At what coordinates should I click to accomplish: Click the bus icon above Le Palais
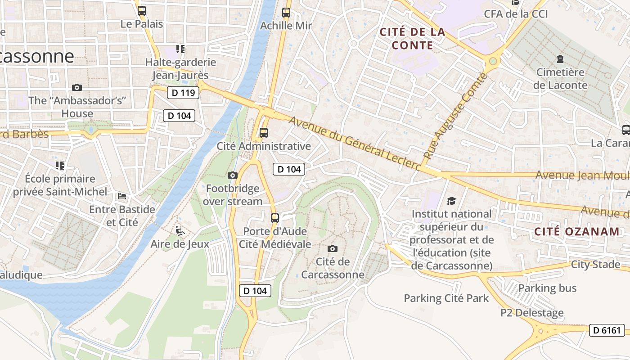tap(142, 11)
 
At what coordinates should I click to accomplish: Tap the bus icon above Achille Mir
tap(286, 13)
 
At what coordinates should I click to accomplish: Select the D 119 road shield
tap(183, 93)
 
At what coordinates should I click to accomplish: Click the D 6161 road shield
tap(607, 330)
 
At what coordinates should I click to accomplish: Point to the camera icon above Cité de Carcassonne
tap(333, 248)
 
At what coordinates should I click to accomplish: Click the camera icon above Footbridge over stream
tap(233, 175)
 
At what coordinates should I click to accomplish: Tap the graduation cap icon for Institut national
tap(451, 201)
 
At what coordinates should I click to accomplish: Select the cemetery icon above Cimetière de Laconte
tap(560, 59)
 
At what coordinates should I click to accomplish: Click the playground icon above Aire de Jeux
tap(180, 231)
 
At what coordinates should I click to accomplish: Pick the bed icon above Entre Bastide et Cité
tap(122, 196)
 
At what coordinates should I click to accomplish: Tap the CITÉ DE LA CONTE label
tap(412, 38)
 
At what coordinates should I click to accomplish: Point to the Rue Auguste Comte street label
tap(455, 116)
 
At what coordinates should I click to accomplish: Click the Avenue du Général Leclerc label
tap(355, 144)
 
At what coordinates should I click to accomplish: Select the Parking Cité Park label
tap(446, 298)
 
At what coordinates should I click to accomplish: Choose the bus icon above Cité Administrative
tap(264, 133)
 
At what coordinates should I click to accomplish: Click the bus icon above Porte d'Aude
tap(275, 218)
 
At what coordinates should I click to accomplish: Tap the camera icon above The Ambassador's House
tap(77, 87)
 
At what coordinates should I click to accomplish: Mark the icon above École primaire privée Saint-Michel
tap(60, 166)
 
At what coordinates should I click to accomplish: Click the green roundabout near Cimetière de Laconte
tap(493, 61)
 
